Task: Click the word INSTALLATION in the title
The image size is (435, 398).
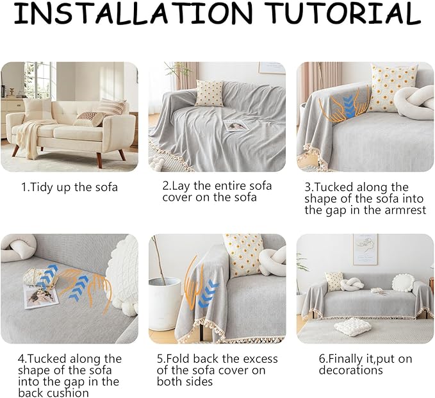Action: click(x=133, y=12)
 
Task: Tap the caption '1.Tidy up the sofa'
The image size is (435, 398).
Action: click(x=70, y=187)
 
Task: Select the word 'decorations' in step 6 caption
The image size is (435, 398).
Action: click(x=351, y=370)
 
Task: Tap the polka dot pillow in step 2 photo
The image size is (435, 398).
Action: click(x=209, y=94)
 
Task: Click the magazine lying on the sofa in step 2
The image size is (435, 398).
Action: click(x=236, y=126)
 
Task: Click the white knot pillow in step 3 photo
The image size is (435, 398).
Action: click(x=413, y=103)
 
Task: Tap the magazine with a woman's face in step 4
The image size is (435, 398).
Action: click(x=41, y=297)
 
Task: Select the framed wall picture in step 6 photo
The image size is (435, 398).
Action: click(x=365, y=249)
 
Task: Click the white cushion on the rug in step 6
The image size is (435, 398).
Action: click(x=352, y=326)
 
